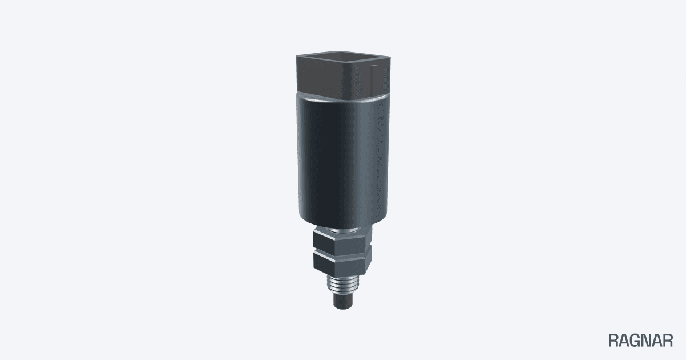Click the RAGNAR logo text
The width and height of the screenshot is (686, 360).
coord(640,341)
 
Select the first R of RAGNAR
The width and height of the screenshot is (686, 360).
coord(613,341)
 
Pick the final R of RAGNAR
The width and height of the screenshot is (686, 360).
coord(668,341)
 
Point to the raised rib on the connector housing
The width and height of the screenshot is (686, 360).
coord(373,78)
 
